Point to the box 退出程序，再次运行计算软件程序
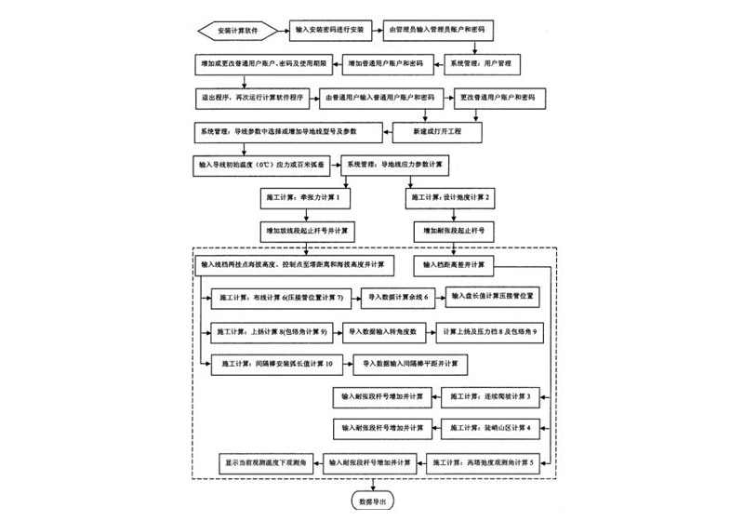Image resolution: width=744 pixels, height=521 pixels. click(250, 97)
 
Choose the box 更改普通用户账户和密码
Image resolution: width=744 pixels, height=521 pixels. click(498, 97)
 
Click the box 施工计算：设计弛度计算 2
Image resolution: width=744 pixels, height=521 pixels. click(453, 198)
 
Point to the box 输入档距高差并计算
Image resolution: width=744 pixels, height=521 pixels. click(454, 265)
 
